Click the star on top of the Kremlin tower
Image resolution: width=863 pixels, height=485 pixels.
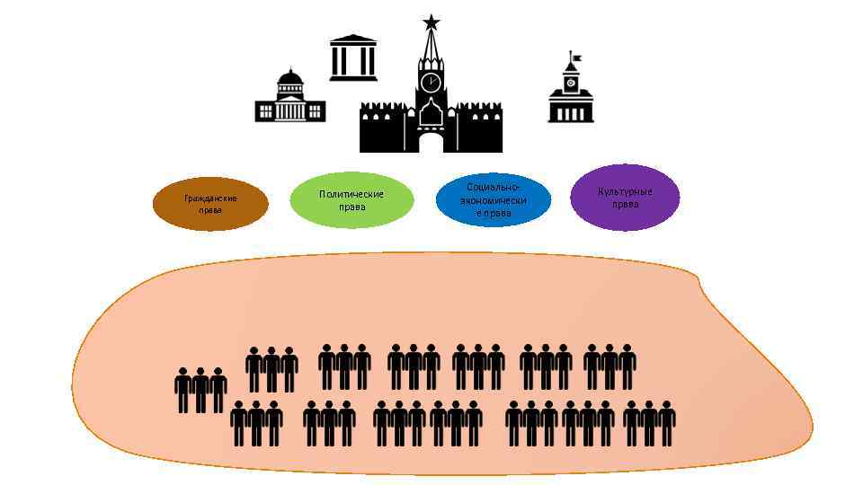(x=431, y=22)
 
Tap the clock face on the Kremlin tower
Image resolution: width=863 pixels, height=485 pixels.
(x=431, y=82)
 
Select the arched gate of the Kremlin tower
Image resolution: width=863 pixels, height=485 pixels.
(x=431, y=142)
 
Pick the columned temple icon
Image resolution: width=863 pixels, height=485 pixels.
(x=353, y=57)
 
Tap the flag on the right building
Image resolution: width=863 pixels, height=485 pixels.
(x=575, y=58)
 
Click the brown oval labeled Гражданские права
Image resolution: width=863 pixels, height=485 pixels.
(x=210, y=204)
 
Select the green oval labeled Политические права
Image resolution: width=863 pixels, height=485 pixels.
(x=351, y=200)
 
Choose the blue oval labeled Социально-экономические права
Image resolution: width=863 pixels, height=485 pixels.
(x=494, y=199)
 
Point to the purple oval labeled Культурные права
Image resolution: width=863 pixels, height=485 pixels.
(x=626, y=198)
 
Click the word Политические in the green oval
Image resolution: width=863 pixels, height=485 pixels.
(x=351, y=194)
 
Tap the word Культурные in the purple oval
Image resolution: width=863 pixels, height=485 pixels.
(x=626, y=191)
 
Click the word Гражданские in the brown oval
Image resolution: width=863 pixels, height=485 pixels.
(x=210, y=198)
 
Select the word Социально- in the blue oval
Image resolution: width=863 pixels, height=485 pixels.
(x=494, y=187)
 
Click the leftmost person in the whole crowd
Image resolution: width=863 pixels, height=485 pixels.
(x=182, y=390)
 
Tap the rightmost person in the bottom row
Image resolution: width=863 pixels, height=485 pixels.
(x=666, y=423)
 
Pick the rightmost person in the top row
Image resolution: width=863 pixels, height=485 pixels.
(x=627, y=366)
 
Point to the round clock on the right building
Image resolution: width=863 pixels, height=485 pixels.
(x=571, y=83)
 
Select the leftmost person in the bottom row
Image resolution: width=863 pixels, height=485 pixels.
(x=239, y=423)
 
